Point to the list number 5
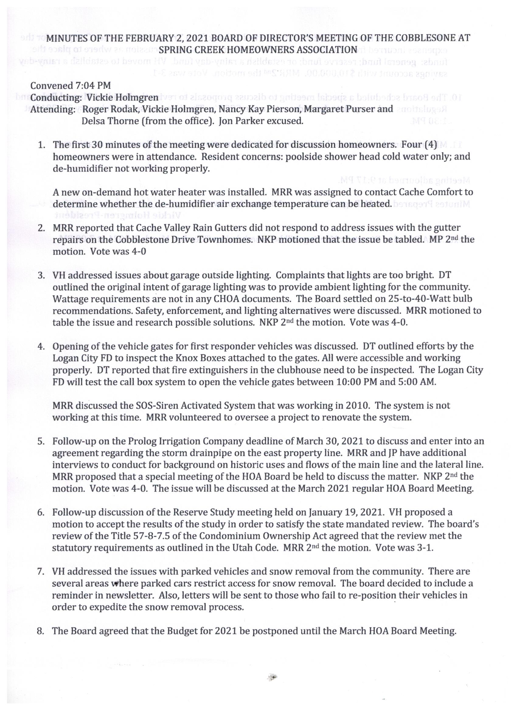point(41,442)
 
